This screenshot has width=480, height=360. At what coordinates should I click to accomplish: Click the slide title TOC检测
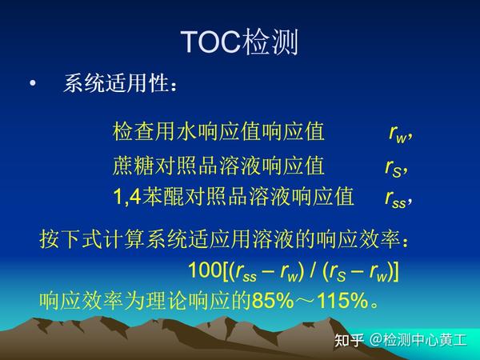[x=240, y=42]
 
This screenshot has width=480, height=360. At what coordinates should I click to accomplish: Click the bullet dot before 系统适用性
[x=32, y=84]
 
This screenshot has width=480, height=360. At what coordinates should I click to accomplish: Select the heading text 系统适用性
[x=120, y=84]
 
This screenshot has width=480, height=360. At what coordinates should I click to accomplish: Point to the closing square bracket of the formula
[x=395, y=270]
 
